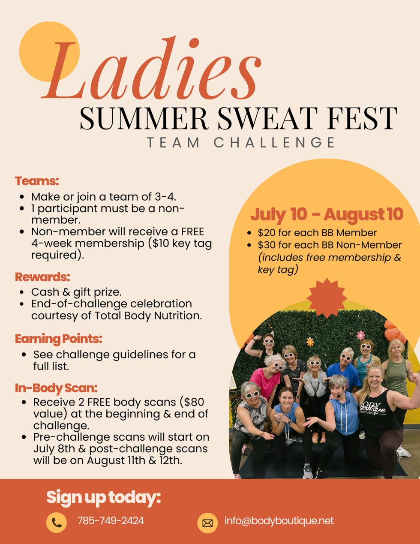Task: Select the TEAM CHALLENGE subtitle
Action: click(x=241, y=142)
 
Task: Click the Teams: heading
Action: click(x=37, y=181)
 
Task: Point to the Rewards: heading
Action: click(x=42, y=277)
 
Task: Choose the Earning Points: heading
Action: click(x=59, y=339)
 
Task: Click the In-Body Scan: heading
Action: click(x=56, y=388)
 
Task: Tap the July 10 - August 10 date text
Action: click(x=327, y=214)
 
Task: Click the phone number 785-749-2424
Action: click(x=111, y=521)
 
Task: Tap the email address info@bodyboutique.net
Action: click(x=279, y=521)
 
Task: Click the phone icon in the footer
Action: click(x=57, y=523)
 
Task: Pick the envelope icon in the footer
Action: click(x=207, y=523)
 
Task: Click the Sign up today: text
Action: click(x=103, y=498)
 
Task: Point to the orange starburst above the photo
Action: click(x=327, y=298)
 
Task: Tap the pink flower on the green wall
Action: click(x=360, y=335)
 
